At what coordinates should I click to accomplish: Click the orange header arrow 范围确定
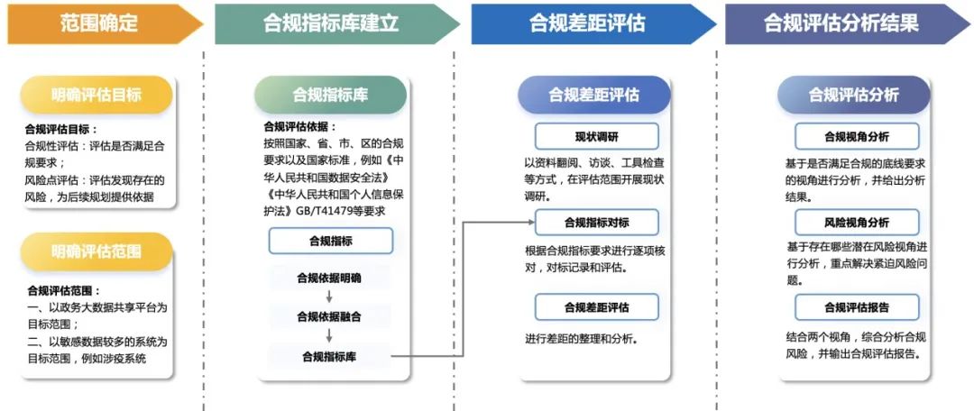click(99, 23)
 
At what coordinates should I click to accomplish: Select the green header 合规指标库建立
click(331, 23)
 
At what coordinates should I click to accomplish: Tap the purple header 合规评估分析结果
click(841, 23)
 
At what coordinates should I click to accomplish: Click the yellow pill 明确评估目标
click(96, 95)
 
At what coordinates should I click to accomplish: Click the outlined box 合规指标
click(330, 241)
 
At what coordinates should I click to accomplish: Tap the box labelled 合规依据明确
click(330, 278)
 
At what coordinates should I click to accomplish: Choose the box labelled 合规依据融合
click(330, 316)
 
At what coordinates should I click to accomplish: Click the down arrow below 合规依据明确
click(330, 297)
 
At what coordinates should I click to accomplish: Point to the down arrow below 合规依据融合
click(330, 336)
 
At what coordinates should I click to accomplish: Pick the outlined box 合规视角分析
click(856, 136)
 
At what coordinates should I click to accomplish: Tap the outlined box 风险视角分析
click(856, 222)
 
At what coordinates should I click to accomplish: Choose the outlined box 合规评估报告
click(856, 307)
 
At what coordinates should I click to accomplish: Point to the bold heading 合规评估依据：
click(299, 127)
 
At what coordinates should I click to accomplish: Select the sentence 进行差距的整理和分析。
click(582, 339)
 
